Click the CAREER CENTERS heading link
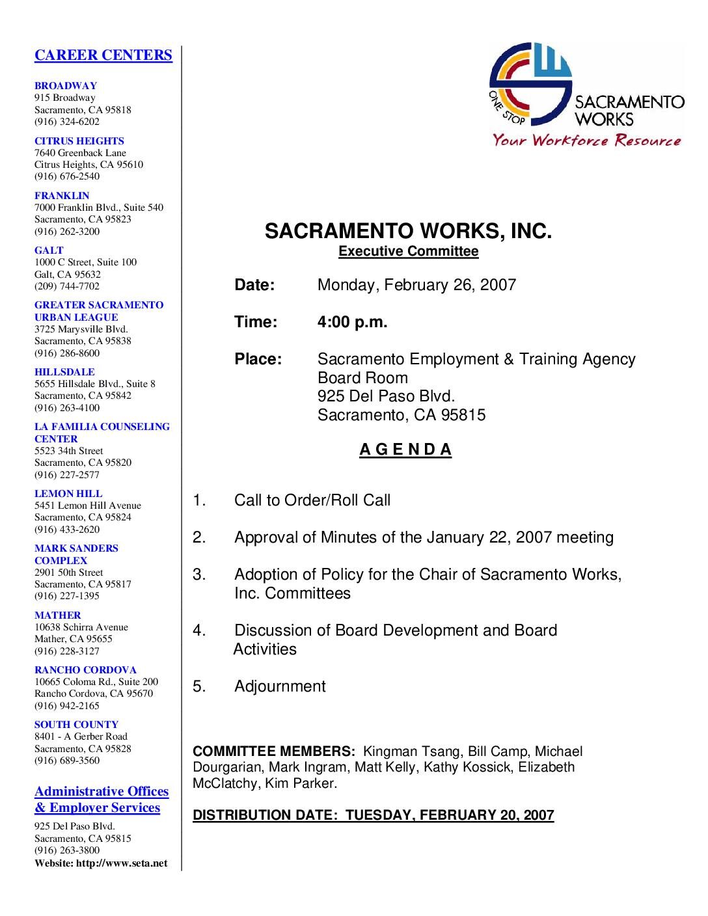point(103,55)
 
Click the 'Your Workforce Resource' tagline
point(586,141)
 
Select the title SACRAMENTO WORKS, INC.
point(408,232)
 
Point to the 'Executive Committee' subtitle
point(408,252)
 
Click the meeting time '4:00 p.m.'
point(352,322)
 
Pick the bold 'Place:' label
point(258,360)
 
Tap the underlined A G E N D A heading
point(405,450)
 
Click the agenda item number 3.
point(199,575)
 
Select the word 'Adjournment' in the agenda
point(280,686)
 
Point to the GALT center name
point(49,250)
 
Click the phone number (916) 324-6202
point(67,122)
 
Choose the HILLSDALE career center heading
point(64,372)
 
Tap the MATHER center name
point(58,615)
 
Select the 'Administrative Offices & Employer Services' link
point(101,800)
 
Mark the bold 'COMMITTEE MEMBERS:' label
point(274,751)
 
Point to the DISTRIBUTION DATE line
point(373,815)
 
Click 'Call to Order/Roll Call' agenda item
point(312,500)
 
